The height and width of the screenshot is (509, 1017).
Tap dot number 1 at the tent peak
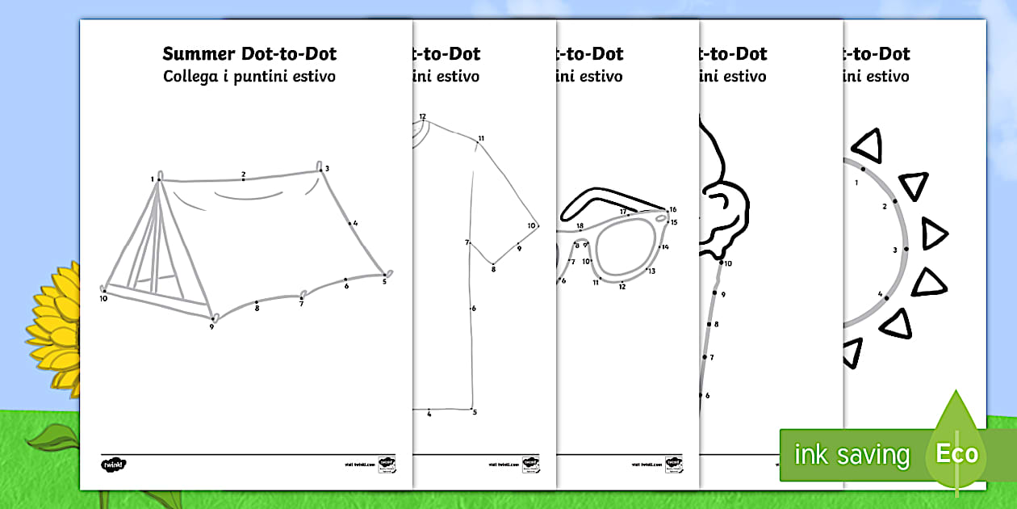[x=158, y=179]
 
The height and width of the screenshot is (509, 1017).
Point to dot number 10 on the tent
[x=104, y=290]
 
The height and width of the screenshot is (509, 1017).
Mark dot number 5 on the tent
[x=384, y=275]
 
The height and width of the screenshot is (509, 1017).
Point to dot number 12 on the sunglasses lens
[x=621, y=280]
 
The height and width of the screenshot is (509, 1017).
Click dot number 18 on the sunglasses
[x=580, y=232]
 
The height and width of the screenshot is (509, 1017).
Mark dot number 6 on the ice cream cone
[x=701, y=395]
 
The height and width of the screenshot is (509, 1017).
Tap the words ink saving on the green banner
[x=852, y=456]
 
